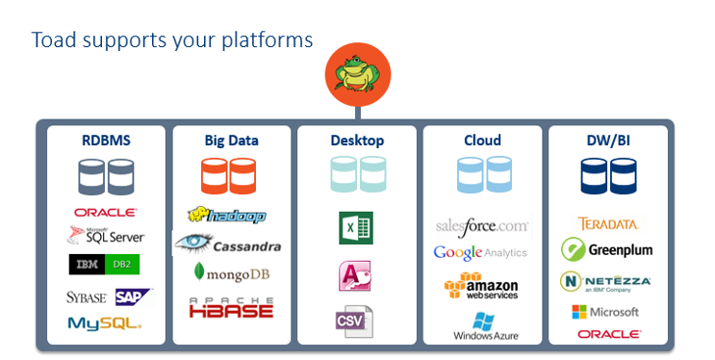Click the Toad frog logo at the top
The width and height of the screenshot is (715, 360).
point(355,76)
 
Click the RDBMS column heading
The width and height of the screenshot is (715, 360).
point(106,141)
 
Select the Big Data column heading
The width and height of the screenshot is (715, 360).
point(231,141)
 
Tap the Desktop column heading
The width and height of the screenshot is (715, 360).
point(357,141)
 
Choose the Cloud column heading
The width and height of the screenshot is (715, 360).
point(482,141)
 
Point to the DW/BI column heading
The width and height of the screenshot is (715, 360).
point(607,141)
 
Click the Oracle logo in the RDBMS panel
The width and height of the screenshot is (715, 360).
point(105,213)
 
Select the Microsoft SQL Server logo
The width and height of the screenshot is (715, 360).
point(106,235)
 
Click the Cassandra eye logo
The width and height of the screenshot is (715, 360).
point(228,244)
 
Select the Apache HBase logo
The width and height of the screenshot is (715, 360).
point(231,307)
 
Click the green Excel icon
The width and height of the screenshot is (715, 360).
point(355,228)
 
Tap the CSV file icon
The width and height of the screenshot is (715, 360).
point(354,321)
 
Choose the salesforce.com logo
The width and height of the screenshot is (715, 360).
point(482,226)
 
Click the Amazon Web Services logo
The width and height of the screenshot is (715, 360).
point(481,286)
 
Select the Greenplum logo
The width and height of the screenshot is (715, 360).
point(607,250)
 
